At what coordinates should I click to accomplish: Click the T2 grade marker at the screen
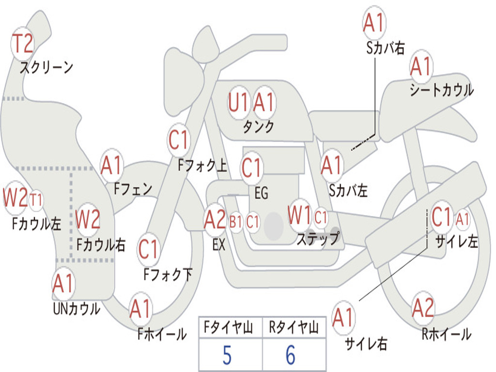22,44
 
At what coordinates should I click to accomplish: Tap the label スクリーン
46,67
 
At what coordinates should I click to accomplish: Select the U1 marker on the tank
238,103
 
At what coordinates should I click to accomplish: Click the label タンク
259,126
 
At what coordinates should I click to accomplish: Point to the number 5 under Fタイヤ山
227,356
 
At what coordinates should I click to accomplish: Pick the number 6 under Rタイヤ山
291,356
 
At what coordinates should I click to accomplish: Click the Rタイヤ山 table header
294,327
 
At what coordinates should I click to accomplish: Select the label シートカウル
442,90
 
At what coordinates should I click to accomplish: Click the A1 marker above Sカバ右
374,23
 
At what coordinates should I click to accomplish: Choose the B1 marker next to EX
236,222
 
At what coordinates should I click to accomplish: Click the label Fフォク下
168,275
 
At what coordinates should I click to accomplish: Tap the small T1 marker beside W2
36,200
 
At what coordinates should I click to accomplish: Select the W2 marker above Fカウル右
88,219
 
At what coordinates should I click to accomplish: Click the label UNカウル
77,309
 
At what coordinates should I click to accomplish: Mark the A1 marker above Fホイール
140,309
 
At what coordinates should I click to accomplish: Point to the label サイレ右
366,344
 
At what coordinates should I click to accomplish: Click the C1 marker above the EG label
251,168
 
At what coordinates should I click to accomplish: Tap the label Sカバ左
348,191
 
